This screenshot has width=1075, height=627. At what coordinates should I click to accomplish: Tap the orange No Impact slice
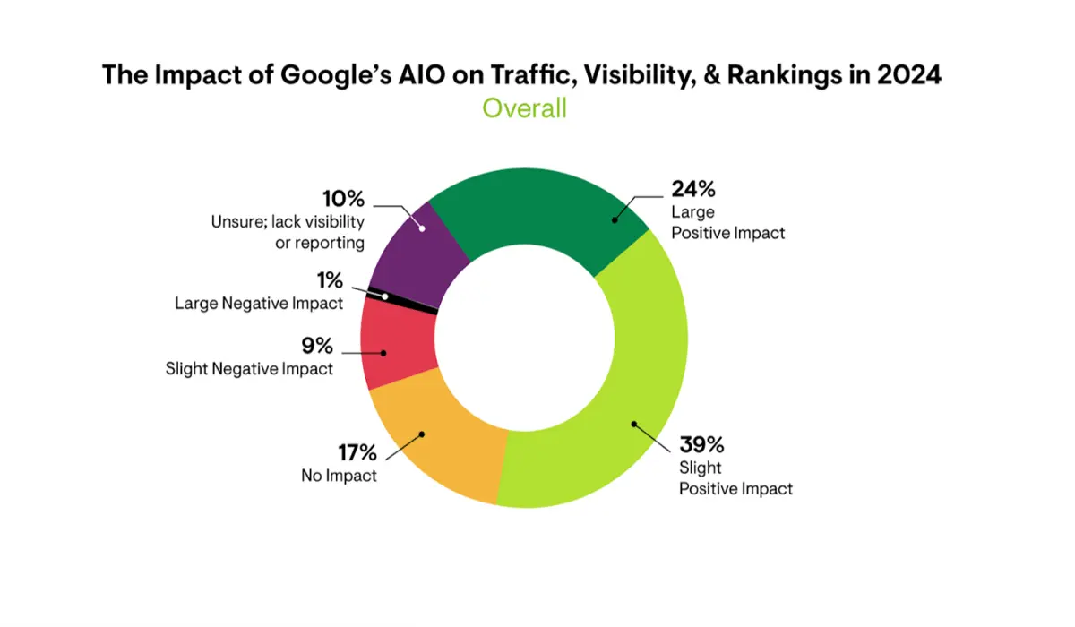coord(439,448)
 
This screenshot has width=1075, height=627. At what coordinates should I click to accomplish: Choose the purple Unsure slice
coord(421,246)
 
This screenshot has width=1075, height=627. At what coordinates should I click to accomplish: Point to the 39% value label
coord(701,445)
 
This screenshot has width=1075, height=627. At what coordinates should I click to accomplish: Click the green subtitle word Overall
coord(524,108)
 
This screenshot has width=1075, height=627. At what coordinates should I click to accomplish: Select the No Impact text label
coord(339,476)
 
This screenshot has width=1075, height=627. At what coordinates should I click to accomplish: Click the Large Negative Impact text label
coord(259,303)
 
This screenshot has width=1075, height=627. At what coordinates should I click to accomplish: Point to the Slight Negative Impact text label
coord(249,367)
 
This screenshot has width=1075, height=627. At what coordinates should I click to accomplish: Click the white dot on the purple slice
coord(420,228)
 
